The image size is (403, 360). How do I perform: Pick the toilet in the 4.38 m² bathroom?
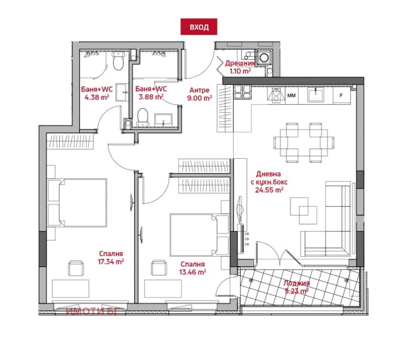118,63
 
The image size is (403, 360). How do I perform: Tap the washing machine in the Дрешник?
263,58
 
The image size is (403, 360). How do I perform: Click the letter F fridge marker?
341,95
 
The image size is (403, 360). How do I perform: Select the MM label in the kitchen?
291,95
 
